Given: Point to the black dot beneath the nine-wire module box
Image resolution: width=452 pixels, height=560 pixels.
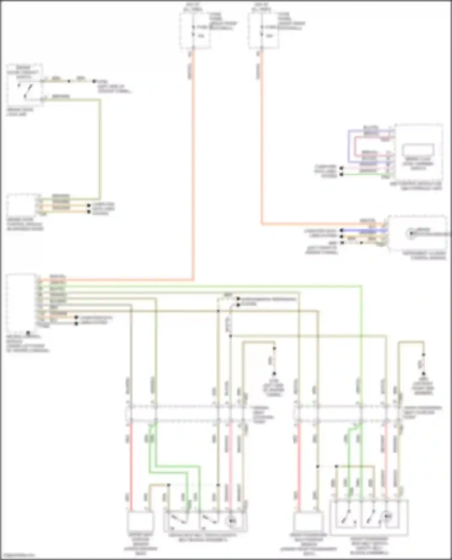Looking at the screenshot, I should pyautogui.click(x=28, y=333).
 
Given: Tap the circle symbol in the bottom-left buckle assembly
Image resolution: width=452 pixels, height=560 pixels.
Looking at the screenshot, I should pyautogui.click(x=232, y=521).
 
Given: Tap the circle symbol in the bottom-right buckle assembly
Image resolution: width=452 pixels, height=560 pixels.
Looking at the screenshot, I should pyautogui.click(x=389, y=516).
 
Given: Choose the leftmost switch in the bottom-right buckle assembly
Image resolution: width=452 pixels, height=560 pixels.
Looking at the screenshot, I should pyautogui.click(x=347, y=516).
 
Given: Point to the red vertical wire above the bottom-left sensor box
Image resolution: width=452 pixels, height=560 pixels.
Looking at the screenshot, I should pyautogui.click(x=131, y=466).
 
